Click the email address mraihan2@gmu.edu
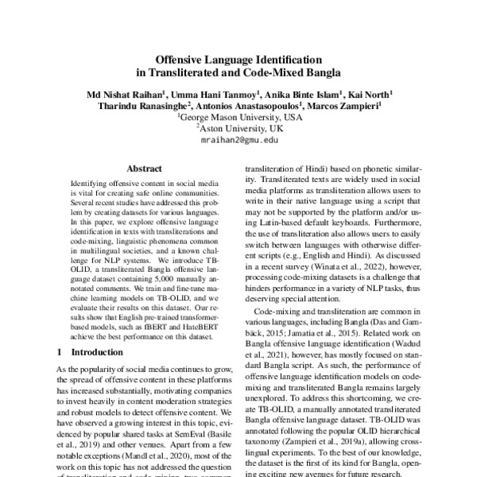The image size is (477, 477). (x=238, y=139)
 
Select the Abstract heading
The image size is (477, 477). (x=143, y=169)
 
